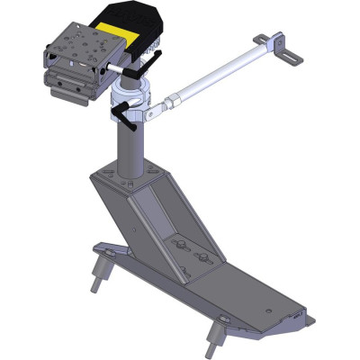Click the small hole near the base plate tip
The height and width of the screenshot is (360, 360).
tap(293, 317)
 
